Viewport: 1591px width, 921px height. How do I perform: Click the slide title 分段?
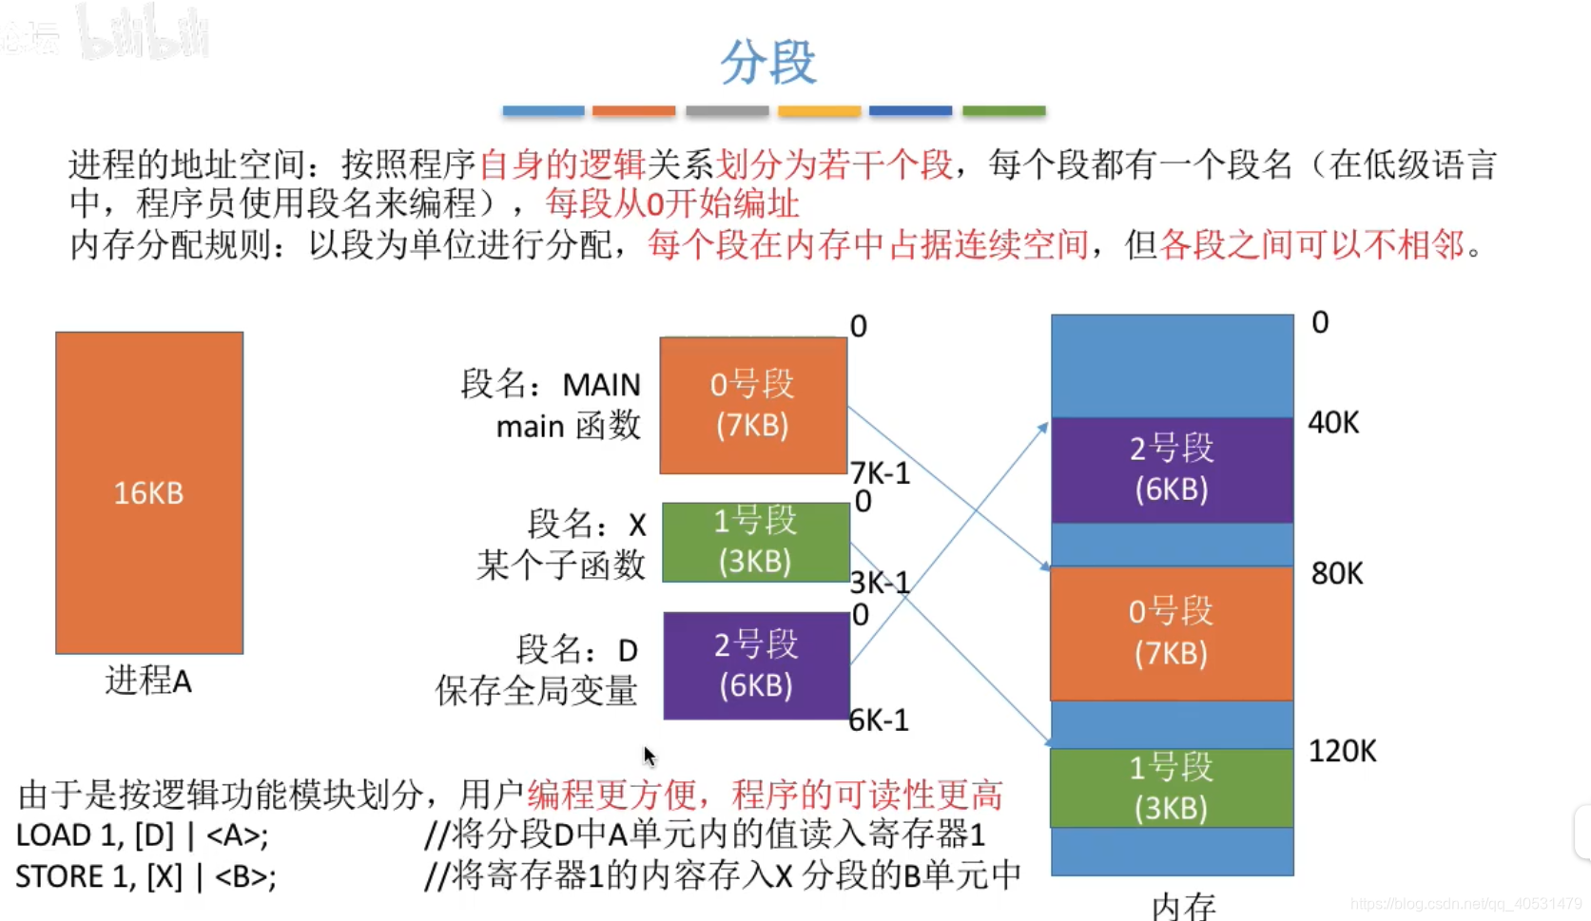(767, 62)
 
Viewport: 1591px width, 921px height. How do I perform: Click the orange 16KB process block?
(149, 492)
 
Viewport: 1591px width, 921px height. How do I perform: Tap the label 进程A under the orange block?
(148, 681)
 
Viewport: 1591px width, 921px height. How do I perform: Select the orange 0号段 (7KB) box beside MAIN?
(753, 405)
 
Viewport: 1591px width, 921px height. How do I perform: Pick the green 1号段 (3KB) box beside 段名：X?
(755, 542)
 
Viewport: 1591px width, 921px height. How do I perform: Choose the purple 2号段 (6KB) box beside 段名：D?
(756, 664)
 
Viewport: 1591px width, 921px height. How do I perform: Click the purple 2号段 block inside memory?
(1172, 470)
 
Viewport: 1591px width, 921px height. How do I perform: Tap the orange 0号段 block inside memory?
(1172, 633)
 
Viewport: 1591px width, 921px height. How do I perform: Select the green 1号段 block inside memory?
(1172, 788)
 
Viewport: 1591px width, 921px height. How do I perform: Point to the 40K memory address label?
(1333, 422)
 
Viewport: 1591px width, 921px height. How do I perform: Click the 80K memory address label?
(1336, 573)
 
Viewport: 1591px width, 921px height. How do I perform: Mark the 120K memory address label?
(1342, 751)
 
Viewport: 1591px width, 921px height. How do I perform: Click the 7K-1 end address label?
(880, 472)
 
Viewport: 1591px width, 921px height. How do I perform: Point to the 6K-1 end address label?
(879, 720)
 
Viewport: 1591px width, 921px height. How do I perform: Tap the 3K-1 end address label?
(880, 582)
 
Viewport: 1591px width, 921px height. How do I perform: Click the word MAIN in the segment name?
(601, 385)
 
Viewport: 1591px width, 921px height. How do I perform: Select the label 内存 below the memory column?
(1183, 906)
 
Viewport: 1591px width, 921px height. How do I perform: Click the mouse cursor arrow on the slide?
(650, 757)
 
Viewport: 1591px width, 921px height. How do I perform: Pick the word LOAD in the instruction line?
(54, 835)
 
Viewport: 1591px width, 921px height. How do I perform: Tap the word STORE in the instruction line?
(60, 876)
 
